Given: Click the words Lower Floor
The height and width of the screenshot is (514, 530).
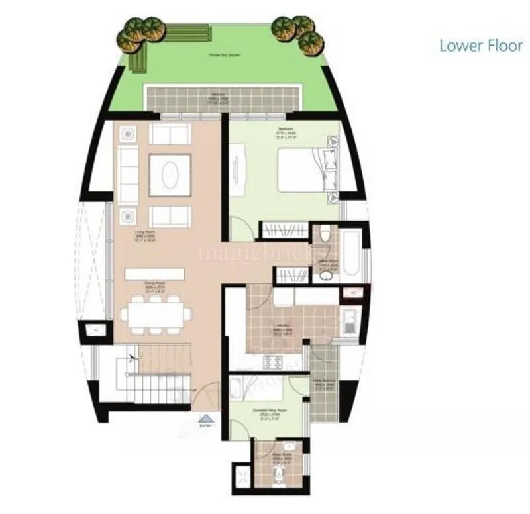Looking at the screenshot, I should pyautogui.click(x=482, y=46).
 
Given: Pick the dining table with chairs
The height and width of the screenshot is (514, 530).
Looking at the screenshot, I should pyautogui.click(x=156, y=314).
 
